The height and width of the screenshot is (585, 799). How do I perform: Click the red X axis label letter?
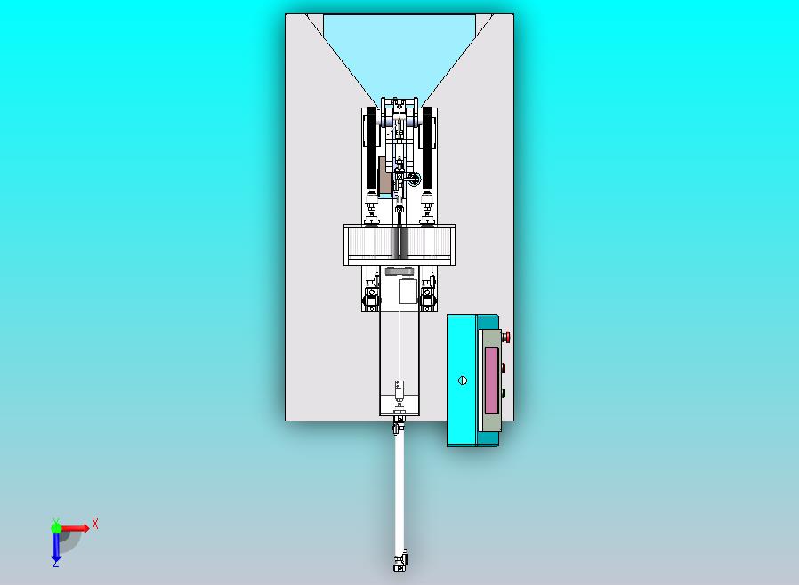(x=95, y=524)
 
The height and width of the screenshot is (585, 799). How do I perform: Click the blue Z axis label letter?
(x=55, y=564)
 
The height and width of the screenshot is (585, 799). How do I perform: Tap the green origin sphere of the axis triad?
(x=56, y=528)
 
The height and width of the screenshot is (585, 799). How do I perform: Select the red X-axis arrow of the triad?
(x=75, y=528)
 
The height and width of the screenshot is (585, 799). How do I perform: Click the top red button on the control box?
(x=506, y=337)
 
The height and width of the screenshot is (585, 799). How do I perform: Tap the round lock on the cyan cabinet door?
(x=463, y=380)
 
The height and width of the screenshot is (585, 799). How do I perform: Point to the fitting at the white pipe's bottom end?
(x=400, y=562)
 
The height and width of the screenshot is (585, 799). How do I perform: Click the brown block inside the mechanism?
(x=384, y=176)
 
